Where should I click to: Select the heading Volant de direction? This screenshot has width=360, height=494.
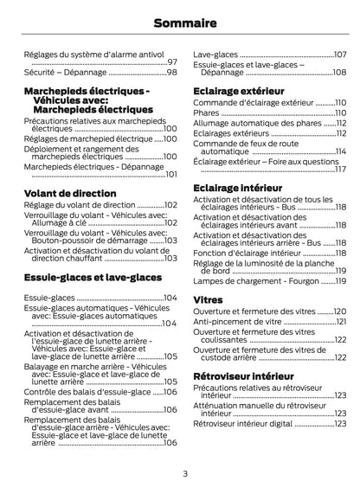pyautogui.click(x=70, y=193)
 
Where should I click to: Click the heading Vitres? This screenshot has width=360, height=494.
pyautogui.click(x=208, y=298)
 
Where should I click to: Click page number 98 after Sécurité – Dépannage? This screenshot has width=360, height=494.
pyautogui.click(x=171, y=72)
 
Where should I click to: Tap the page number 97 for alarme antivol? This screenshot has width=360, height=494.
pyautogui.click(x=171, y=62)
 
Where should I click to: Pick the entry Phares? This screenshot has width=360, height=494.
pyautogui.click(x=206, y=112)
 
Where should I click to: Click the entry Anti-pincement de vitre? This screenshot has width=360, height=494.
pyautogui.click(x=237, y=321)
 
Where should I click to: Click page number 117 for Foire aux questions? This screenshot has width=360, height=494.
pyautogui.click(x=341, y=170)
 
